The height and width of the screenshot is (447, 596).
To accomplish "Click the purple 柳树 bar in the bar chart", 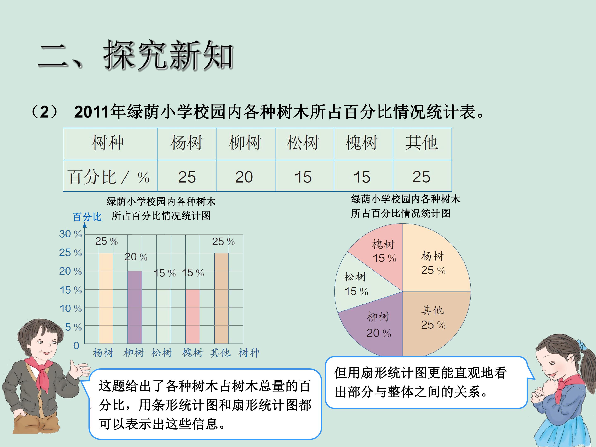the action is (135, 307).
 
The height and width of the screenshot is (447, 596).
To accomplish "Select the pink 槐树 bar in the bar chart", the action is (193, 317).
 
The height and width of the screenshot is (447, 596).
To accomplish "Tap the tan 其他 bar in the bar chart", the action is (221, 298).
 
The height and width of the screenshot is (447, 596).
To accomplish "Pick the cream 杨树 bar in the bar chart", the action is (106, 298).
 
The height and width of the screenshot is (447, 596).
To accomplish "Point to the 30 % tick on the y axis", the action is (70, 234).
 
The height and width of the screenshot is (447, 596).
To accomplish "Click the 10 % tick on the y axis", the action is (70, 308).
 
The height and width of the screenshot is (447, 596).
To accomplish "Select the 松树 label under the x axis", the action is (161, 352).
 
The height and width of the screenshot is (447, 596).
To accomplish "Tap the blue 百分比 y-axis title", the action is (87, 217).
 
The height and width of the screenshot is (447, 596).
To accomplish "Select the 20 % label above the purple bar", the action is (136, 257).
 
